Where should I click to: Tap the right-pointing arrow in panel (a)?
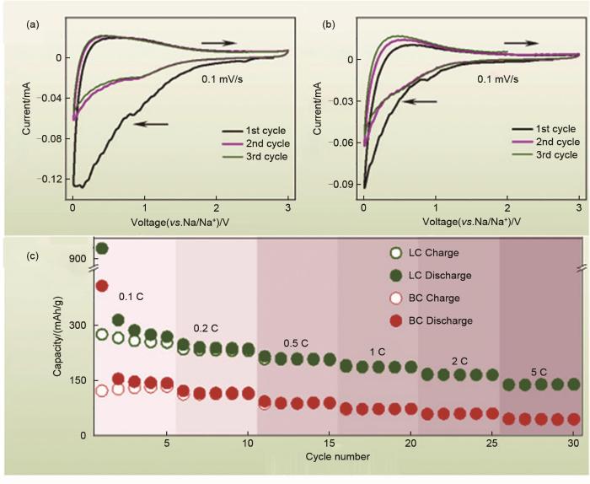tap(218, 40)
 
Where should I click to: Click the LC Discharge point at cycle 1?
tap(102, 248)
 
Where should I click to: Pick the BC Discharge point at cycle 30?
tap(574, 419)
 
